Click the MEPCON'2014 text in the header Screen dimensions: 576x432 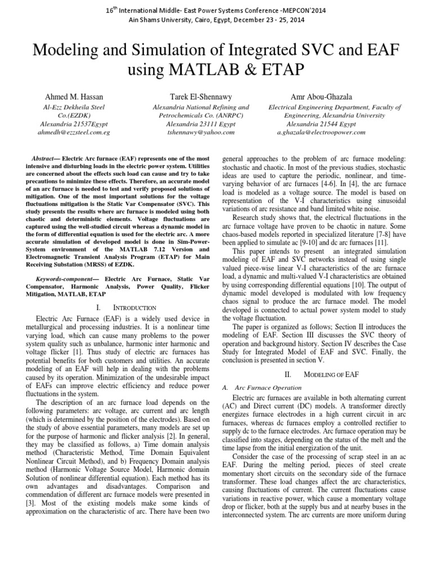coord(296,11)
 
